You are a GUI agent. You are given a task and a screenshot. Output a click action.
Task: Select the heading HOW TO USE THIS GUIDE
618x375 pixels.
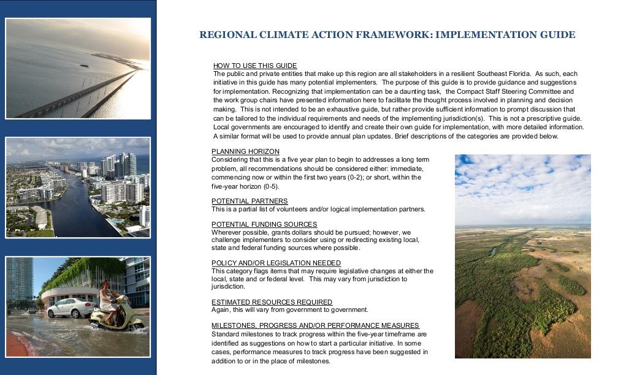pyautogui.click(x=255, y=66)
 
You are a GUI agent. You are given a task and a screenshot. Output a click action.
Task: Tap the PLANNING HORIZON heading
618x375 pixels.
pyautogui.click(x=245, y=151)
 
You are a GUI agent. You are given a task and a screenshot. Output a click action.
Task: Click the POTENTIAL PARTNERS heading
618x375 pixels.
pyautogui.click(x=250, y=201)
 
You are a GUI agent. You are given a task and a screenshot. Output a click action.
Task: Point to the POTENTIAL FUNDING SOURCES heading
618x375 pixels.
pyautogui.click(x=264, y=224)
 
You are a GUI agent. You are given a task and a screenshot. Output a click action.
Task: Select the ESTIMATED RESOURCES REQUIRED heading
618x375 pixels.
pyautogui.click(x=272, y=302)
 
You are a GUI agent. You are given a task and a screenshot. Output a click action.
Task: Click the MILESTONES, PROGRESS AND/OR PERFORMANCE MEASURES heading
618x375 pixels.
pyautogui.click(x=315, y=325)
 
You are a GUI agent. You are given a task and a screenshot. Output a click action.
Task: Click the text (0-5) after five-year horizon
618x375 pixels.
pyautogui.click(x=269, y=186)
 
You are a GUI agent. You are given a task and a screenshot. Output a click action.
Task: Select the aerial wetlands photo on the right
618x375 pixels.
pyautogui.click(x=522, y=256)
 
